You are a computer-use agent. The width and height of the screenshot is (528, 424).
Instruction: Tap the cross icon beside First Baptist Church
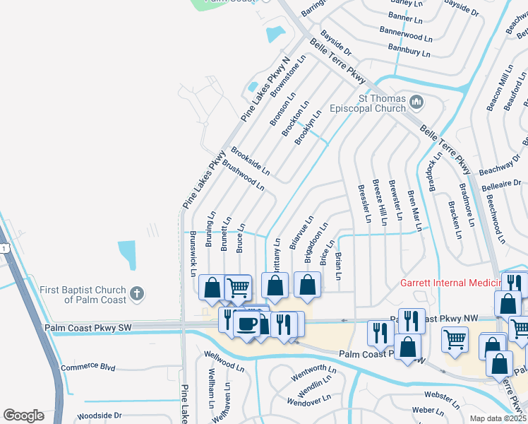(x=138, y=292)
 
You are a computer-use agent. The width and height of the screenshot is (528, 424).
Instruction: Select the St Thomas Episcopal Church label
(x=383, y=103)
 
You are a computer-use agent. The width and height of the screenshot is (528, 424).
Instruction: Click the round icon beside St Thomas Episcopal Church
(x=416, y=102)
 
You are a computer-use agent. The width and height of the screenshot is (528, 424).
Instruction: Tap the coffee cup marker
(x=246, y=324)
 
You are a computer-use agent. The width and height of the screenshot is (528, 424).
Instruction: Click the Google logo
(x=23, y=416)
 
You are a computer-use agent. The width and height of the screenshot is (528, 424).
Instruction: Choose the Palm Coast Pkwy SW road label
(x=88, y=328)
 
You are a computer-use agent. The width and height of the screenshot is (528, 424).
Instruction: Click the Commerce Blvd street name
(x=88, y=367)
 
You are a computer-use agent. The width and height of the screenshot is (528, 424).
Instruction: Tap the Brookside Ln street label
(x=250, y=160)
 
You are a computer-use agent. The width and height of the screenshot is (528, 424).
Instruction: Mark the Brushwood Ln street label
(x=243, y=175)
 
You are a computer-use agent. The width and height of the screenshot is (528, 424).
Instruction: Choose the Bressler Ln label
(x=364, y=204)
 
